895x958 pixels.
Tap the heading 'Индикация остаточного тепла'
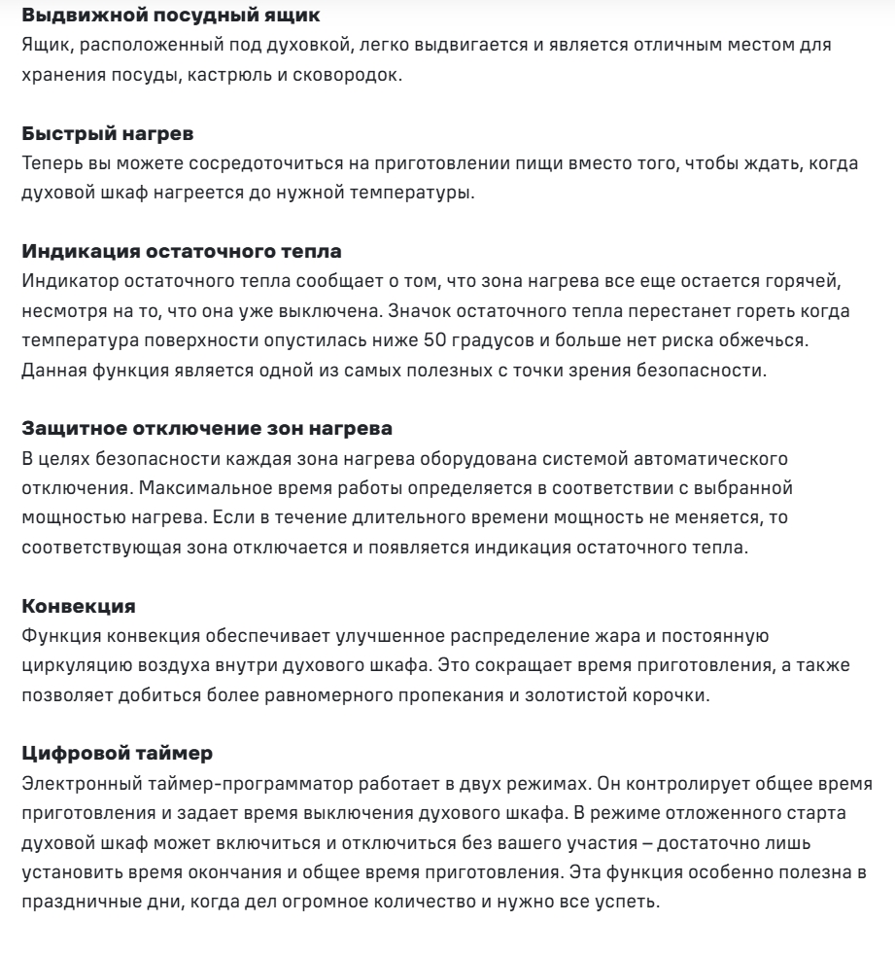click(181, 252)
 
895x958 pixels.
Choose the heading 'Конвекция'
click(79, 607)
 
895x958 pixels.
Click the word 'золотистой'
click(529, 697)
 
